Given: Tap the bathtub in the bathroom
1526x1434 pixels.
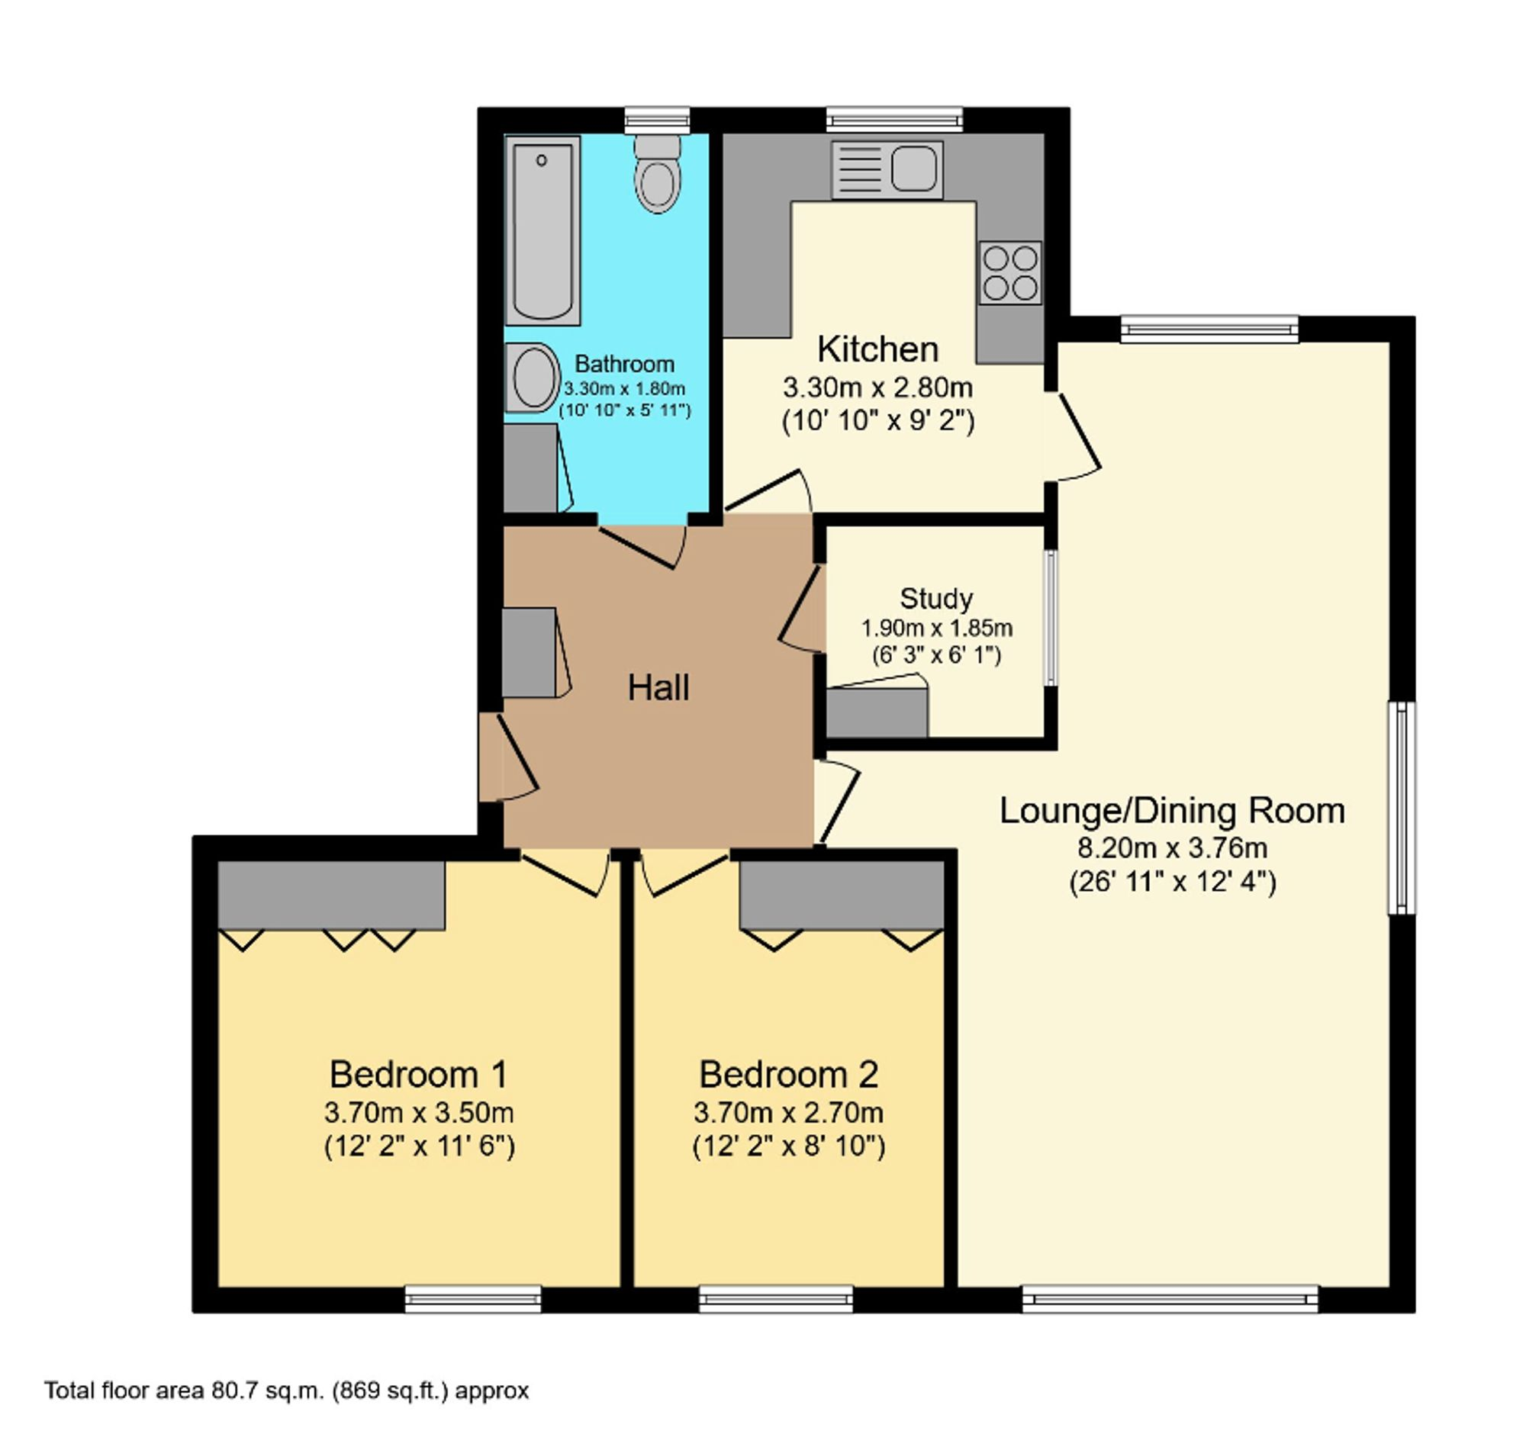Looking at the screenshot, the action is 542,231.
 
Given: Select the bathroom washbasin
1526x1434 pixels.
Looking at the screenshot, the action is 533,378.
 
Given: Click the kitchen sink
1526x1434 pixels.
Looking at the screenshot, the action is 887,169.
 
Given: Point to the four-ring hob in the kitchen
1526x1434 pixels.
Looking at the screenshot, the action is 1011,273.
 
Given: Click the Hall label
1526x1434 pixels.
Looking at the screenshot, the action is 658,687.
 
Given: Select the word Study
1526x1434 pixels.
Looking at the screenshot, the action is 935,598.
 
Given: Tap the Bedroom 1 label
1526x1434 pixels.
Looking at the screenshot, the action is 419,1074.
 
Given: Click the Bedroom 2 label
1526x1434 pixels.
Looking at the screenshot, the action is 788,1074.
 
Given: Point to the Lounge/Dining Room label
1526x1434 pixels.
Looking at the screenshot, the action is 1172,810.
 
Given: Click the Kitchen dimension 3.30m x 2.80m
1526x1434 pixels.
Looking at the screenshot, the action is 878,387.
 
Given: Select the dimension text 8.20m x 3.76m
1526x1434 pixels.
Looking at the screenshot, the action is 1173,848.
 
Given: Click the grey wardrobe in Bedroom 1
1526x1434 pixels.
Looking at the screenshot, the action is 332,895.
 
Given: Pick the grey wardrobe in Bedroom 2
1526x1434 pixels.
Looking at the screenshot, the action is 842,895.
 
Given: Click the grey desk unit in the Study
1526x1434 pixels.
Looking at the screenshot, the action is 877,712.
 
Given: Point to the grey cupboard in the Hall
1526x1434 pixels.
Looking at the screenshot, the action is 529,652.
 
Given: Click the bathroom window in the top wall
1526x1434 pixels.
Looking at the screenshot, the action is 656,121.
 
